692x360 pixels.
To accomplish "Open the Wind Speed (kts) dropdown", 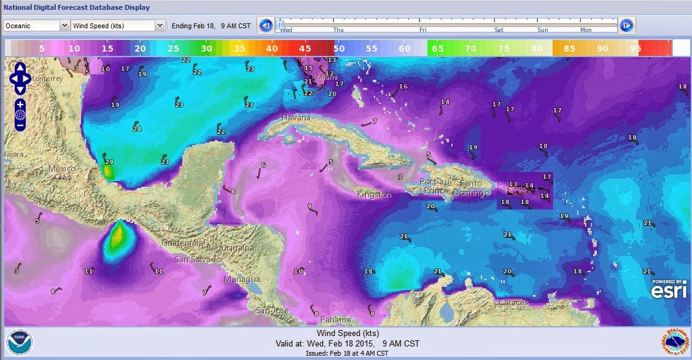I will pyautogui.click(x=117, y=26).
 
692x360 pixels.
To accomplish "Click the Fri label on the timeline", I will pyautogui.click(x=423, y=29).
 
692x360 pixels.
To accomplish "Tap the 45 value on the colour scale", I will pyautogui.click(x=305, y=49).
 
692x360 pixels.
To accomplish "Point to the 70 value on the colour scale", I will pyautogui.click(x=470, y=49).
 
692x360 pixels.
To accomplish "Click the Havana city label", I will pyautogui.click(x=296, y=117).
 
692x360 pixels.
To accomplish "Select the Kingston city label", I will pyautogui.click(x=374, y=195).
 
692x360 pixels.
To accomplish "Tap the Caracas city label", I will pyautogui.click(x=513, y=303).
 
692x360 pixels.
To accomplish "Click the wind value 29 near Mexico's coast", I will pyautogui.click(x=109, y=162).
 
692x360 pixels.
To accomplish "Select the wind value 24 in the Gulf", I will pyautogui.click(x=137, y=129).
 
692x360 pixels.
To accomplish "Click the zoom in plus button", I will pyautogui.click(x=20, y=104).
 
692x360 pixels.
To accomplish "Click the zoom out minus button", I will pyautogui.click(x=20, y=125).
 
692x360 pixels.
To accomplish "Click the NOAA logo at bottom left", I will pyautogui.click(x=17, y=342).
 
